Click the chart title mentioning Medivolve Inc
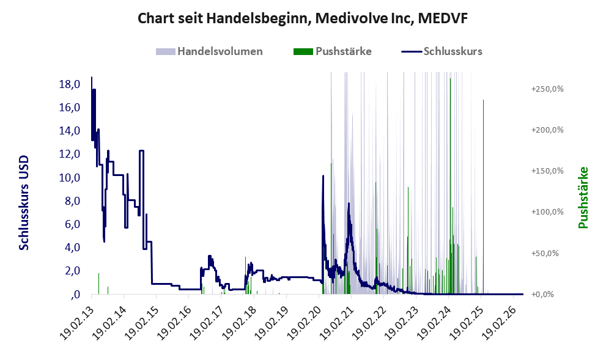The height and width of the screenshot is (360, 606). pyautogui.click(x=303, y=18)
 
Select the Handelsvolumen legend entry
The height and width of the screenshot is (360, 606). pyautogui.click(x=209, y=51)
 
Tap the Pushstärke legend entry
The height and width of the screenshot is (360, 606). pyautogui.click(x=333, y=51)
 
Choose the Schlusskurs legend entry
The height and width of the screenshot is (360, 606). pyautogui.click(x=442, y=51)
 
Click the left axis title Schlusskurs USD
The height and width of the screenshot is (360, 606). pyautogui.click(x=24, y=203)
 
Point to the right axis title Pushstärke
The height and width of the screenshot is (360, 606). pyautogui.click(x=583, y=197)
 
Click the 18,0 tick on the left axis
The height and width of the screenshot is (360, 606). pyautogui.click(x=70, y=84)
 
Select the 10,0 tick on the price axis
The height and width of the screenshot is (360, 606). pyautogui.click(x=70, y=178)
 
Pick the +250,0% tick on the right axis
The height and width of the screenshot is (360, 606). pyautogui.click(x=547, y=89)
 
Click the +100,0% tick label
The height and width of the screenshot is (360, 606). pyautogui.click(x=547, y=211)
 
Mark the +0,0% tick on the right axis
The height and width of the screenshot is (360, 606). pyautogui.click(x=542, y=295)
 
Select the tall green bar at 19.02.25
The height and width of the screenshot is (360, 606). pyautogui.click(x=483, y=197)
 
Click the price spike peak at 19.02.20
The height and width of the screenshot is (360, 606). pyautogui.click(x=323, y=176)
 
